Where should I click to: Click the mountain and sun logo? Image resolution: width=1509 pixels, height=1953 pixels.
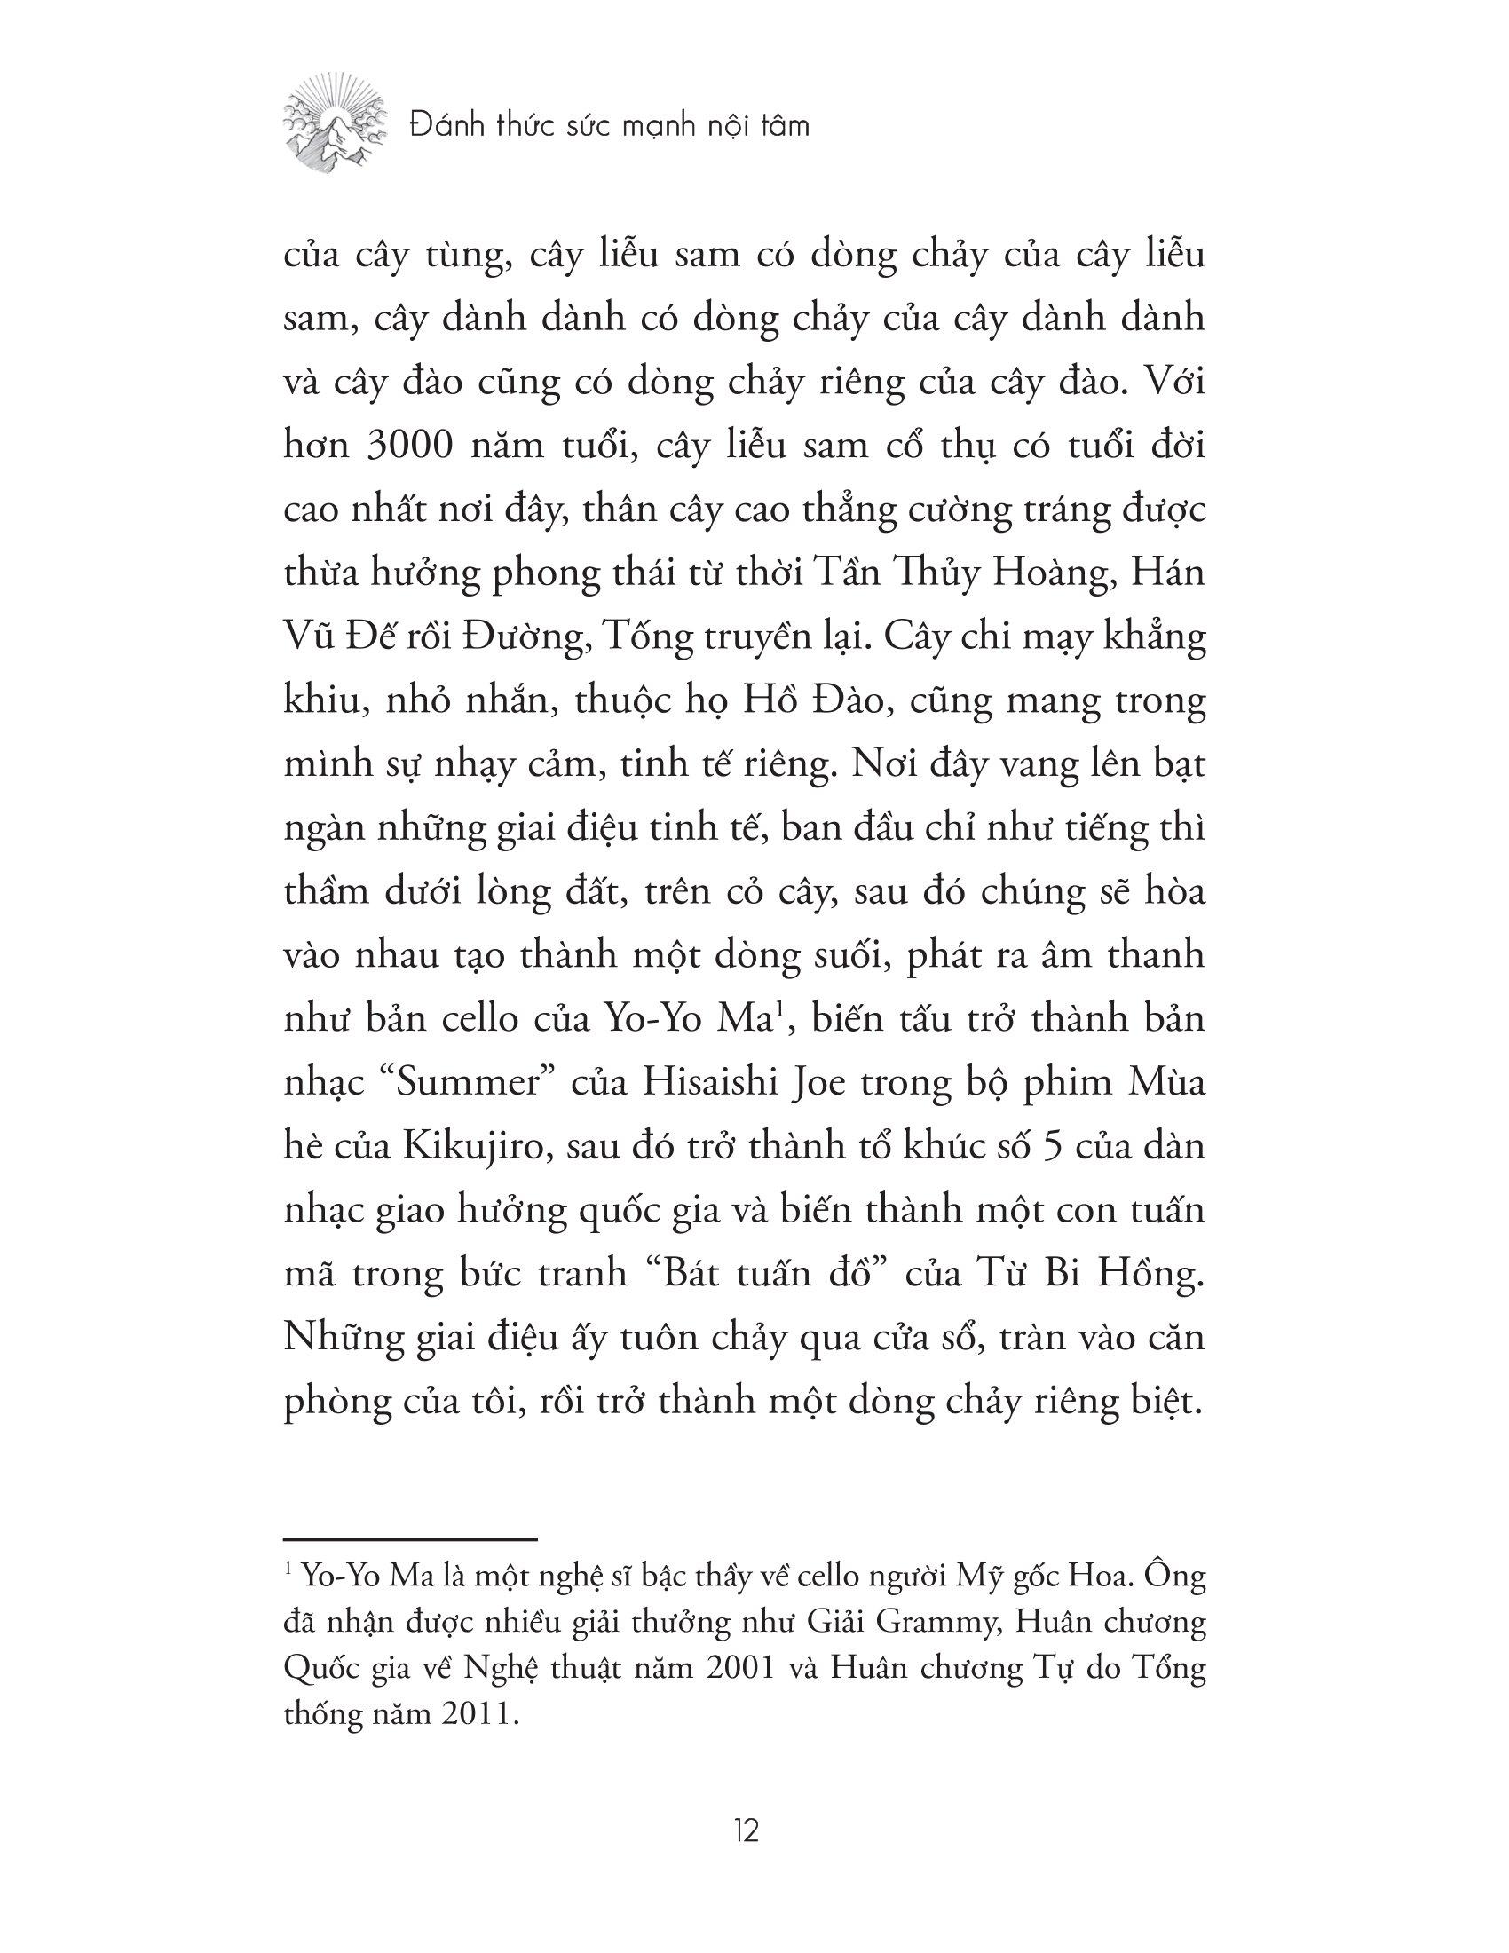[x=336, y=125]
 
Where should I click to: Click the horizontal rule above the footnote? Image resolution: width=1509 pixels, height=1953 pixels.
[x=409, y=1540]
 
